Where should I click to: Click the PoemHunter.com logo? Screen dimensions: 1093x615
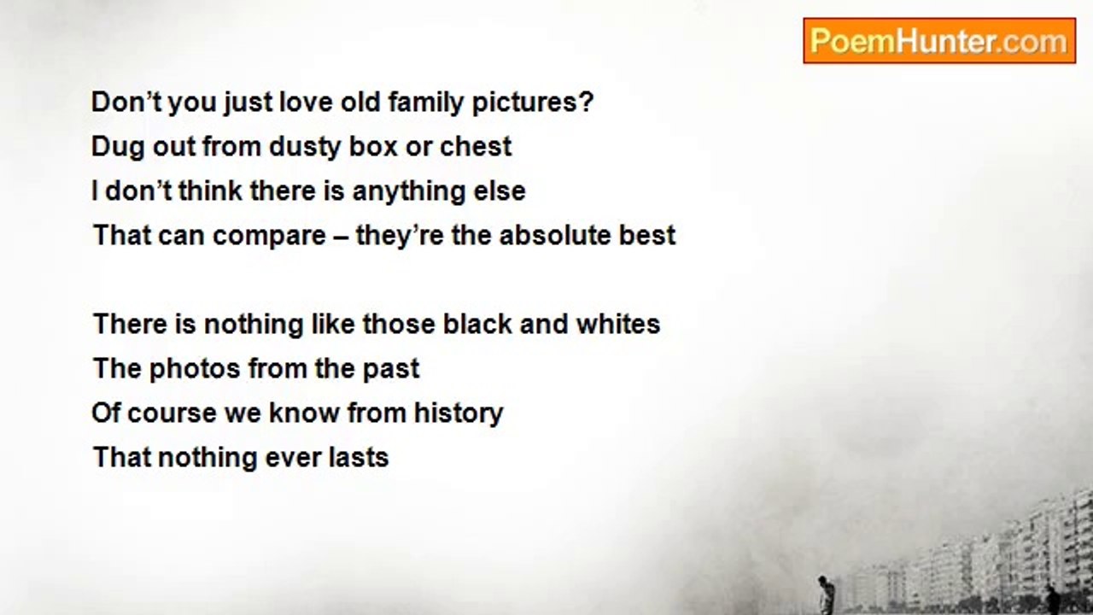point(939,41)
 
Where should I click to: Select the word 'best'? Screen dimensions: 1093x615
point(647,235)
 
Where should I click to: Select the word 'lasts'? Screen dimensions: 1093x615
point(359,457)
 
